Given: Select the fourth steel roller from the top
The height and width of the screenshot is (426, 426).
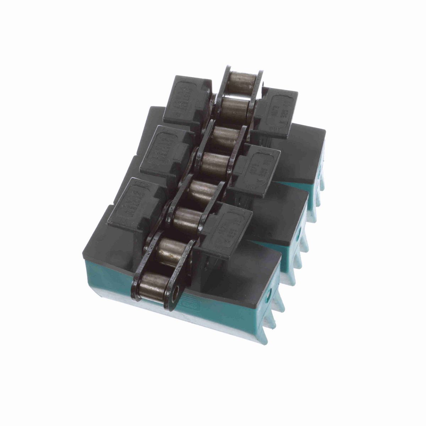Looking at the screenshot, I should [x=213, y=163].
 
